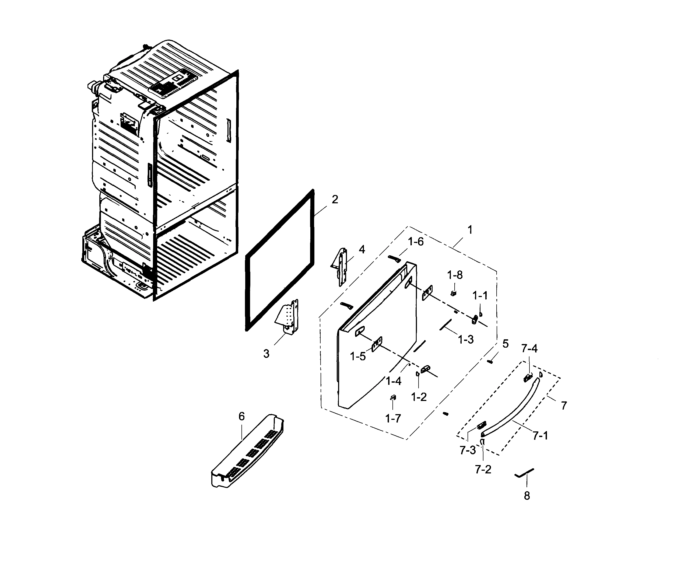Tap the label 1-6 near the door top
coord(416,242)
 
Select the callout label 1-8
coord(455,275)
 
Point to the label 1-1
coord(480,296)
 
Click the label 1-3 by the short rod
coord(466,339)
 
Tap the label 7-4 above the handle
coord(529,349)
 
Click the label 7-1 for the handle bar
coord(540,436)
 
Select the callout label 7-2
coord(483,469)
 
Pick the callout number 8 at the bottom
coord(527,496)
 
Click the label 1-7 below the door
coord(393,418)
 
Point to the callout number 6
coord(242,416)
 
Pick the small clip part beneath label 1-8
coord(453,293)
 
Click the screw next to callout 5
coord(490,362)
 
